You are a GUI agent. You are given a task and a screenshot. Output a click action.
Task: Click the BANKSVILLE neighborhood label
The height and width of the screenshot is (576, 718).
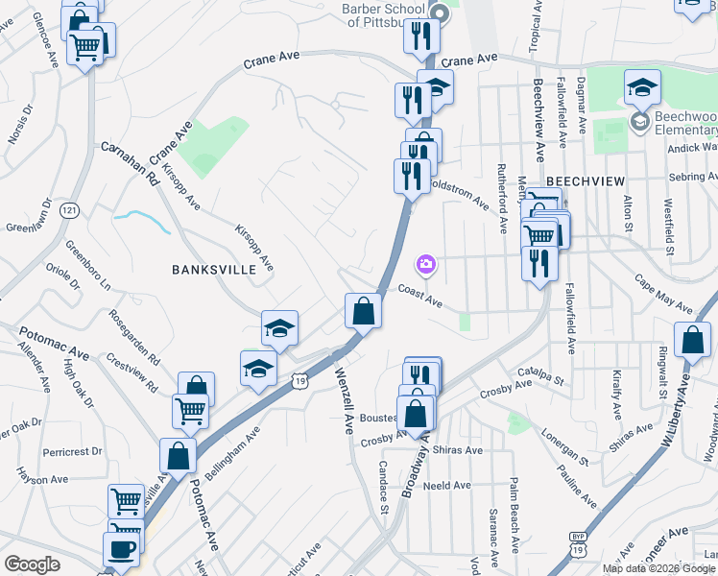click(x=213, y=270)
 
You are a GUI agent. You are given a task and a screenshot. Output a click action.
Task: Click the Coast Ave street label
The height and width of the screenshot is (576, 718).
click(x=419, y=297)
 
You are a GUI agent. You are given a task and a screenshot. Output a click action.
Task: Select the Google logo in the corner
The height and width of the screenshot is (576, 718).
click(x=33, y=564)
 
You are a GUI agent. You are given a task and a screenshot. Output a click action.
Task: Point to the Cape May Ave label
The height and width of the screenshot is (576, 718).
click(x=663, y=293)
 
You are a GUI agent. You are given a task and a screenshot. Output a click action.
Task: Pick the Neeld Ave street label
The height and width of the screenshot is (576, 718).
click(x=447, y=486)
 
